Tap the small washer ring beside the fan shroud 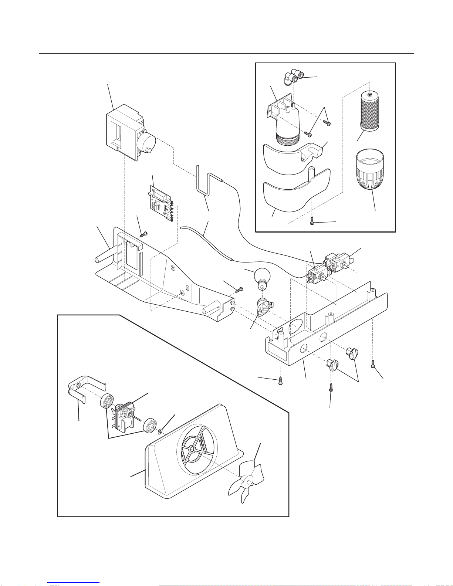160,431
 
